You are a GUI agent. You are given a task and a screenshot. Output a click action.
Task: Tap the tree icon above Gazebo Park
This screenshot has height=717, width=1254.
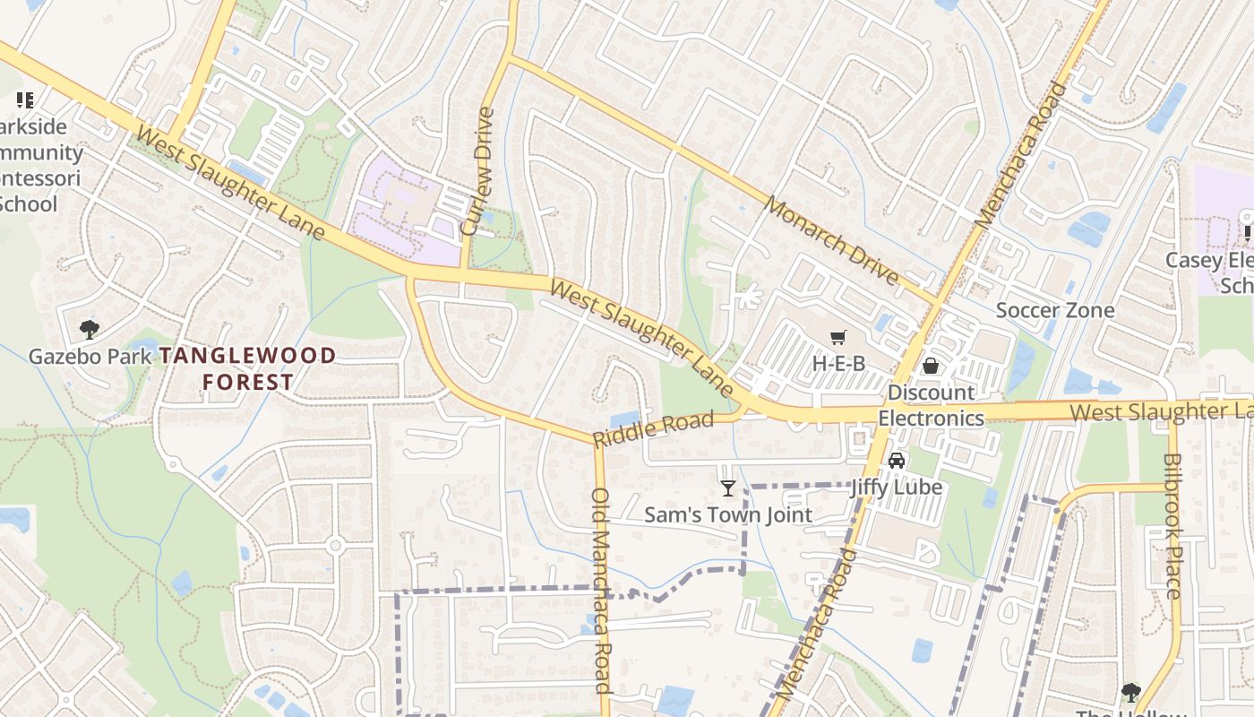click(x=89, y=330)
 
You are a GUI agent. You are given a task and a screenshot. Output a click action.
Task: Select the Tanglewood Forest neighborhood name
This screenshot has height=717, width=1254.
click(x=247, y=368)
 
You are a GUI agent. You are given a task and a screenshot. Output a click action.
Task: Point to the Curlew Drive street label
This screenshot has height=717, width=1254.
click(x=478, y=171)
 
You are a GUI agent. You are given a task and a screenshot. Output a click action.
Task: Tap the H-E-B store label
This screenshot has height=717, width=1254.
click(x=838, y=363)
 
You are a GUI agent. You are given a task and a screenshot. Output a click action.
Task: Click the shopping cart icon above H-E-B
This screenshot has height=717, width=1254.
click(x=838, y=338)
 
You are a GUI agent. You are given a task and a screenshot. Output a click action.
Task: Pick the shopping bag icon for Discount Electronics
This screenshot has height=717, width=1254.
click(x=931, y=366)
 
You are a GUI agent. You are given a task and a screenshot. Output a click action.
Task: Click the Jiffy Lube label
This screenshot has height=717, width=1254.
click(x=896, y=487)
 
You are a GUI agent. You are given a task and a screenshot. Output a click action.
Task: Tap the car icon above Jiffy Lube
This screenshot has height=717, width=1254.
click(x=896, y=461)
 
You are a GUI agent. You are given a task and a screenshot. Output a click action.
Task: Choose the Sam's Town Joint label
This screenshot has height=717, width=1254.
click(x=728, y=514)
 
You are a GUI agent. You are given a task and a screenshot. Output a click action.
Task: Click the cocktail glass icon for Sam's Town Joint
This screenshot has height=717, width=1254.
click(x=728, y=488)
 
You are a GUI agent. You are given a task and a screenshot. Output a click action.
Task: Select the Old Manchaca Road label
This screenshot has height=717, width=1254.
click(x=602, y=590)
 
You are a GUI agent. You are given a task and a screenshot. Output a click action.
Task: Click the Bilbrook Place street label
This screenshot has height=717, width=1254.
click(x=1172, y=525)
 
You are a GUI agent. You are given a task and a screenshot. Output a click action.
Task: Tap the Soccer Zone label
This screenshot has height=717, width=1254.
click(x=1055, y=310)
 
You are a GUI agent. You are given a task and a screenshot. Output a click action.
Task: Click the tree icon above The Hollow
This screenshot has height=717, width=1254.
click(x=1131, y=692)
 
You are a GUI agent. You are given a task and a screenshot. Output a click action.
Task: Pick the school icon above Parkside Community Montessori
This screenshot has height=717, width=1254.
click(x=25, y=100)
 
